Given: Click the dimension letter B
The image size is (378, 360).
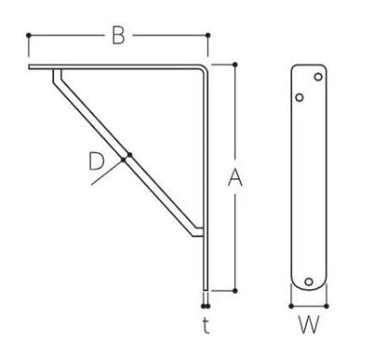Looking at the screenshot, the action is click(119, 35).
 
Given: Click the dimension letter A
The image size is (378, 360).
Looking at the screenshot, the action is click(235, 178).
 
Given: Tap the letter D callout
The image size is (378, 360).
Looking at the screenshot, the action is click(96, 161).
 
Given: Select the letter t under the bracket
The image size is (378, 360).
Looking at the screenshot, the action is click(205, 325).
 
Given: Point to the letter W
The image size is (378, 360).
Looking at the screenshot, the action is click(309, 325).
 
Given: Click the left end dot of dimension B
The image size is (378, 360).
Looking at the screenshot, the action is click(29, 35).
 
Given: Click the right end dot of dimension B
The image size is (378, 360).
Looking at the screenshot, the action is click(208, 35).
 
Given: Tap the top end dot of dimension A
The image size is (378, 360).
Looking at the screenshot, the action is click(235, 64).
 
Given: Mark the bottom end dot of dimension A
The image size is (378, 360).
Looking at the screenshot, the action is click(235, 291).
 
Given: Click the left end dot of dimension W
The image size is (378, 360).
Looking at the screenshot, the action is click(291, 306).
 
